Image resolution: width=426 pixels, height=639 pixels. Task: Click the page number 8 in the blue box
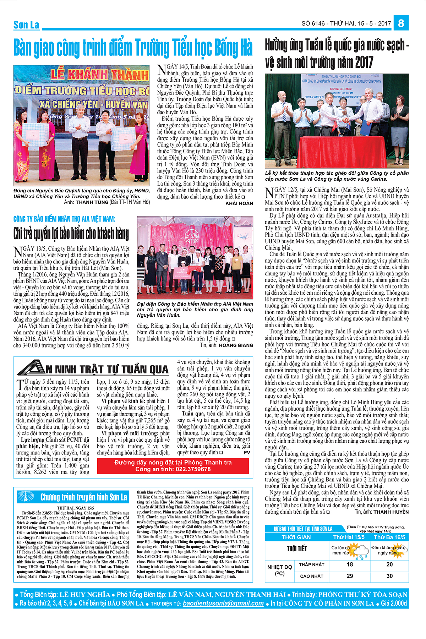[401, 23]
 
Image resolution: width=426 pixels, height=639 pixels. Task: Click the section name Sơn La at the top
[26, 25]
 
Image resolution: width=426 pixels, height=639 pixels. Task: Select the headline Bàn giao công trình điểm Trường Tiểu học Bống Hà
[133, 48]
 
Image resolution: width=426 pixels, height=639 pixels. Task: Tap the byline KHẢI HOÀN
[239, 203]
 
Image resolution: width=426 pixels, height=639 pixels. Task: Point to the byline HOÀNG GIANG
[236, 345]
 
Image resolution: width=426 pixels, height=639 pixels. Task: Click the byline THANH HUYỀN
[391, 512]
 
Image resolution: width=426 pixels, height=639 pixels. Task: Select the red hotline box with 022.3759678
[173, 466]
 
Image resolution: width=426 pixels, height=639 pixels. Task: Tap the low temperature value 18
[350, 564]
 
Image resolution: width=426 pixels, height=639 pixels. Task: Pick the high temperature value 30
[389, 576]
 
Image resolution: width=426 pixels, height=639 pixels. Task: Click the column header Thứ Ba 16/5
[389, 537]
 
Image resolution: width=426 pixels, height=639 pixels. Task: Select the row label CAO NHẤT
[312, 576]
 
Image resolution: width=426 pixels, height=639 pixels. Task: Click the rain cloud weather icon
[361, 551]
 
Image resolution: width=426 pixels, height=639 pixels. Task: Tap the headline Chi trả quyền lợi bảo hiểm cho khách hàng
[71, 234]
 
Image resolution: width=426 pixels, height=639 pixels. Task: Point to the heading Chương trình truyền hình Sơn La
[83, 497]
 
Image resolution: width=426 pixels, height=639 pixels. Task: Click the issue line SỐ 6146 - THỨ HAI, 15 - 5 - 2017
[346, 23]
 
